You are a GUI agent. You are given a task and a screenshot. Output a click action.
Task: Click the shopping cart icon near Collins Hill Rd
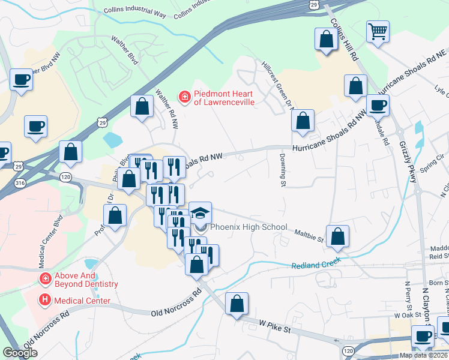point(378,32)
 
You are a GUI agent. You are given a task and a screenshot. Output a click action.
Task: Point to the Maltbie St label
point(309,235)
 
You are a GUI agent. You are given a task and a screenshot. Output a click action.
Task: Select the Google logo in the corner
point(20,353)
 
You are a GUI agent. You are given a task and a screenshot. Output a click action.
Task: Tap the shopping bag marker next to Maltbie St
point(338,236)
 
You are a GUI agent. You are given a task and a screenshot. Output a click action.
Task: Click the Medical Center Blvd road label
point(51,241)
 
